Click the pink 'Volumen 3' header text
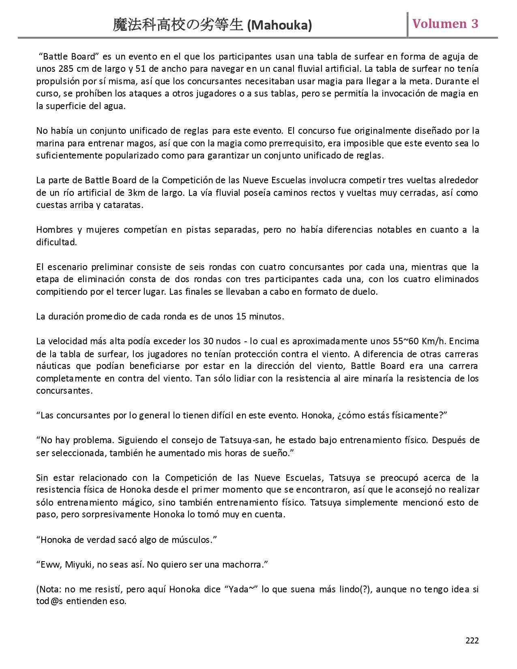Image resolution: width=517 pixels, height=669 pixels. [x=445, y=24]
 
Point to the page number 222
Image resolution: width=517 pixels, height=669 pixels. [x=472, y=641]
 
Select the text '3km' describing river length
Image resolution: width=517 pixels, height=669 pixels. [x=134, y=193]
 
